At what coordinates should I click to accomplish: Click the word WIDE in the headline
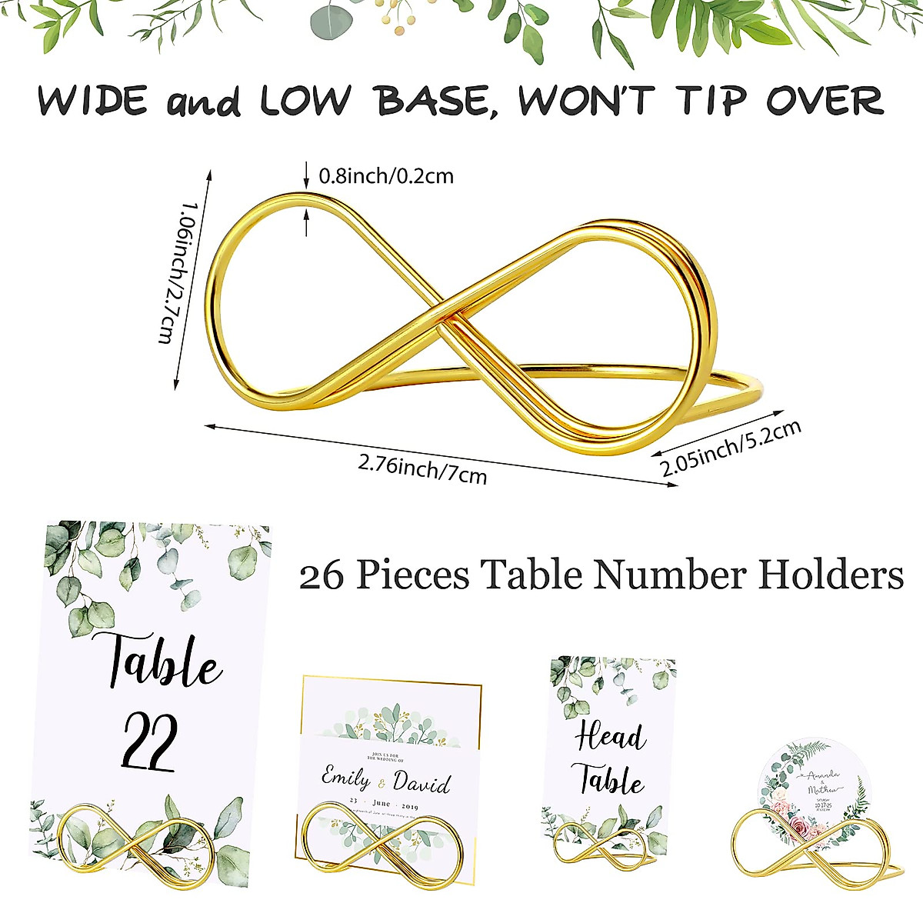(x=92, y=101)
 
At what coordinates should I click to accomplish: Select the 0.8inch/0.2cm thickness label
(x=386, y=176)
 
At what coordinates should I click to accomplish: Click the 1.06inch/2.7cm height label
(x=176, y=272)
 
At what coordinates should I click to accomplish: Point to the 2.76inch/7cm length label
(x=422, y=468)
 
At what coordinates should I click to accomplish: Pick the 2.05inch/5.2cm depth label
(x=731, y=448)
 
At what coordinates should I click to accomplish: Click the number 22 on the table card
(x=151, y=741)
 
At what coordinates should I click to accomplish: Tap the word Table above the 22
(x=163, y=662)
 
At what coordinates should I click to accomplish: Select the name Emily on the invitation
(x=345, y=778)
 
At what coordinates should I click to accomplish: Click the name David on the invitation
(x=422, y=783)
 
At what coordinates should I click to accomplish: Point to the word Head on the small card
(x=609, y=737)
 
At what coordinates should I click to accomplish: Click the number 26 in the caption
(x=322, y=576)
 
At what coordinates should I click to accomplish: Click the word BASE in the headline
(x=435, y=101)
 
